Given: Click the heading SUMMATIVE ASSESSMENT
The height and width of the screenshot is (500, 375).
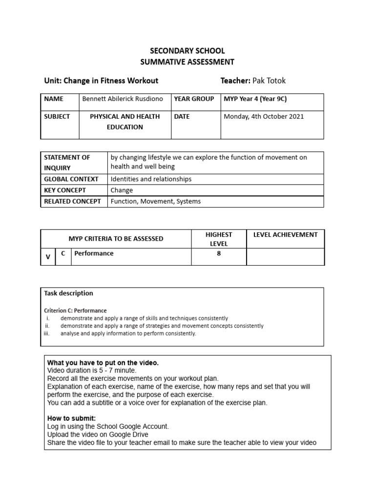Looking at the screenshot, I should click(x=187, y=62).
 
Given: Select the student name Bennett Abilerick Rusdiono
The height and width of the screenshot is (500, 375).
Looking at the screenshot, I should click(x=123, y=99).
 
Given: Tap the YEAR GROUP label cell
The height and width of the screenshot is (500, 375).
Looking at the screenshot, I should click(x=194, y=99).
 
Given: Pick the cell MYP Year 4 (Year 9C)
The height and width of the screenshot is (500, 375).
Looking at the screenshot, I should click(x=255, y=99).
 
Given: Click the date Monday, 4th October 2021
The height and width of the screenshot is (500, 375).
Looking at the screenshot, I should click(x=264, y=117).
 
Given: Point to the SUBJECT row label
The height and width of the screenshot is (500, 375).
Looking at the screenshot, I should click(x=57, y=117).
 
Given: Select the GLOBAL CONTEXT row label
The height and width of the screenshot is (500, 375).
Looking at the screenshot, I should click(x=71, y=179).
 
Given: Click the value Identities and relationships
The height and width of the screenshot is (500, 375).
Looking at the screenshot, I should click(x=151, y=179).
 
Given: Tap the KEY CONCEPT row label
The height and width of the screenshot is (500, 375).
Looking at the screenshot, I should click(x=65, y=190).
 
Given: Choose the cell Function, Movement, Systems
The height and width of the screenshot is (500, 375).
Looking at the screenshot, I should click(x=155, y=201).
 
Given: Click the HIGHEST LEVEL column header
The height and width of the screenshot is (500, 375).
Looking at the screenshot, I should click(x=219, y=239).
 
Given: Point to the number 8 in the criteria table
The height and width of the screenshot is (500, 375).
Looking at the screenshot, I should click(x=219, y=253).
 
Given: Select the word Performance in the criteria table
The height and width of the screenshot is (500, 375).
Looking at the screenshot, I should click(x=94, y=253).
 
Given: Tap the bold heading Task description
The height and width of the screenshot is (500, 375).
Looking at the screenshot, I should click(x=68, y=293).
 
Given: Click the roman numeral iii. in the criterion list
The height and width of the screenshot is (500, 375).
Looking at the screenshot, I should click(x=47, y=333).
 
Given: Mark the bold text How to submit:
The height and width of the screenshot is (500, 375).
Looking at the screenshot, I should click(x=71, y=418).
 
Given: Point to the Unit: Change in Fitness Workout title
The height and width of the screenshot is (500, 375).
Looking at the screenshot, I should click(x=101, y=81).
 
